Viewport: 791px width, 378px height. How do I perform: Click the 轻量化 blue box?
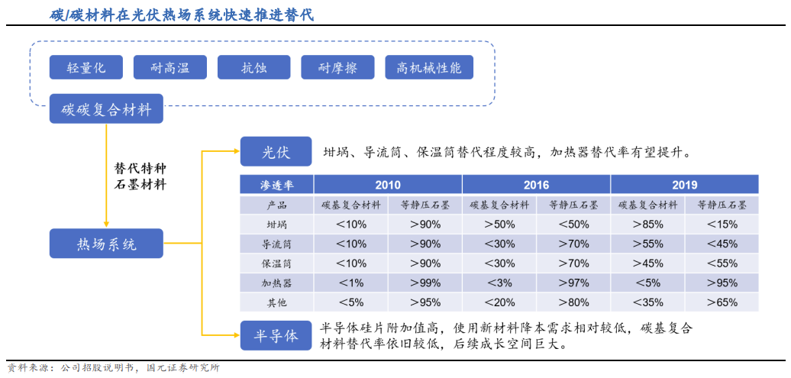click(86, 68)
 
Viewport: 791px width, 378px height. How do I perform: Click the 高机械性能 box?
click(429, 68)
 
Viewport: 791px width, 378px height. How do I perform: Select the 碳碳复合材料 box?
click(106, 110)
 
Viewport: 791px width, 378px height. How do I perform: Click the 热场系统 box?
click(106, 244)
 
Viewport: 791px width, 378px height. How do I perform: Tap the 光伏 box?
click(276, 152)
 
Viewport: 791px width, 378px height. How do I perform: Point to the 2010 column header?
click(387, 185)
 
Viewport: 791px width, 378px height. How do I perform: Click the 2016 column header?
click(536, 185)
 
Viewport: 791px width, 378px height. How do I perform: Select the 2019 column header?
click(684, 185)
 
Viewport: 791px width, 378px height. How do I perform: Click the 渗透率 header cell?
click(276, 185)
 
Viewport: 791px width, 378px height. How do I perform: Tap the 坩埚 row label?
click(276, 225)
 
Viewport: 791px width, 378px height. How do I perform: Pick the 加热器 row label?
click(276, 283)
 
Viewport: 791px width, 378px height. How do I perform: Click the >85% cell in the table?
click(647, 225)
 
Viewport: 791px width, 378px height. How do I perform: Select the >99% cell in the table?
click(425, 283)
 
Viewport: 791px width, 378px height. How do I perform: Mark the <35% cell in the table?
click(647, 302)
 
